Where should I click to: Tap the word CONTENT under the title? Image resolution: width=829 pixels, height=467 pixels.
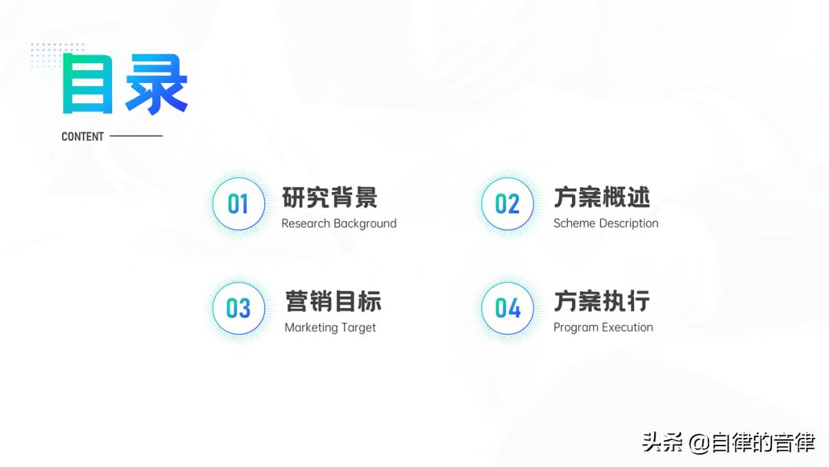(x=82, y=137)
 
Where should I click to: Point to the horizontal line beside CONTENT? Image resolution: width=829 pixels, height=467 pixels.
(x=136, y=136)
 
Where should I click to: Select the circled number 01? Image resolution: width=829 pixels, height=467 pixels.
(x=238, y=204)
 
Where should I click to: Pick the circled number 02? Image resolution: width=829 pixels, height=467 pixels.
(x=507, y=204)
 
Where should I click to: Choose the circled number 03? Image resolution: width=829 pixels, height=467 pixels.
(x=238, y=308)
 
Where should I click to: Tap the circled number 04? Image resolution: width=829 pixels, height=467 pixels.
(x=507, y=308)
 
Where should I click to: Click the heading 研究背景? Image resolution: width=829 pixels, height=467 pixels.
(x=330, y=197)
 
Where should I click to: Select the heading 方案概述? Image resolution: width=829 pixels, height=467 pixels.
(x=602, y=197)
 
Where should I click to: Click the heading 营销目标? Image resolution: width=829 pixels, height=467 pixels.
(x=333, y=301)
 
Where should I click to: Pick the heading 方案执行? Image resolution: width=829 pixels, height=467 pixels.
(x=602, y=301)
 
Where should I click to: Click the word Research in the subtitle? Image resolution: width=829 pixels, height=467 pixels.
(x=306, y=224)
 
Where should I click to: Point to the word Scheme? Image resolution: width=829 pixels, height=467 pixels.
(x=573, y=224)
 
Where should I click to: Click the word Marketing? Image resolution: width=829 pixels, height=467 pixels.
(x=311, y=327)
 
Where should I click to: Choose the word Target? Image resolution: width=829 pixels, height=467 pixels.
(x=358, y=327)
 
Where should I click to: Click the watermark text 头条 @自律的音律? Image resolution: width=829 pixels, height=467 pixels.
(x=728, y=442)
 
